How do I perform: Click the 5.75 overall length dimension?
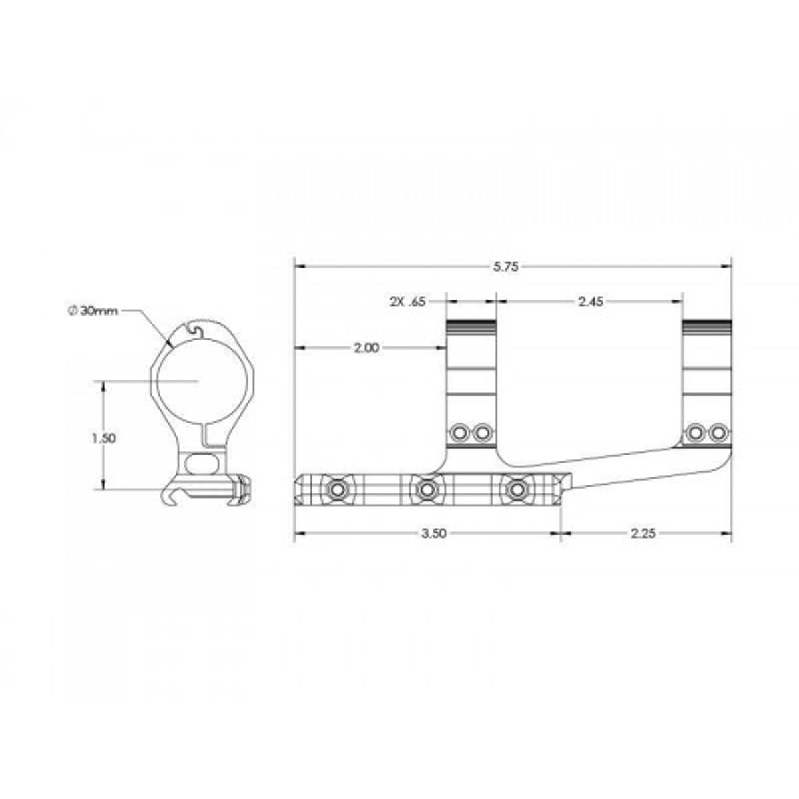coord(505,267)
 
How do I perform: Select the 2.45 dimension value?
coord(591,302)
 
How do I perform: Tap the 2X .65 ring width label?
coord(407,302)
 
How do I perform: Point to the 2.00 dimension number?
coord(366,348)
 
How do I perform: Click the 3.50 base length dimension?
coord(434,533)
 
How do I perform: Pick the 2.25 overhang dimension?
coord(643,533)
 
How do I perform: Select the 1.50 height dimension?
coord(104,438)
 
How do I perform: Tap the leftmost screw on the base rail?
coord(339,490)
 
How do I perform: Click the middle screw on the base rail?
coord(425,490)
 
